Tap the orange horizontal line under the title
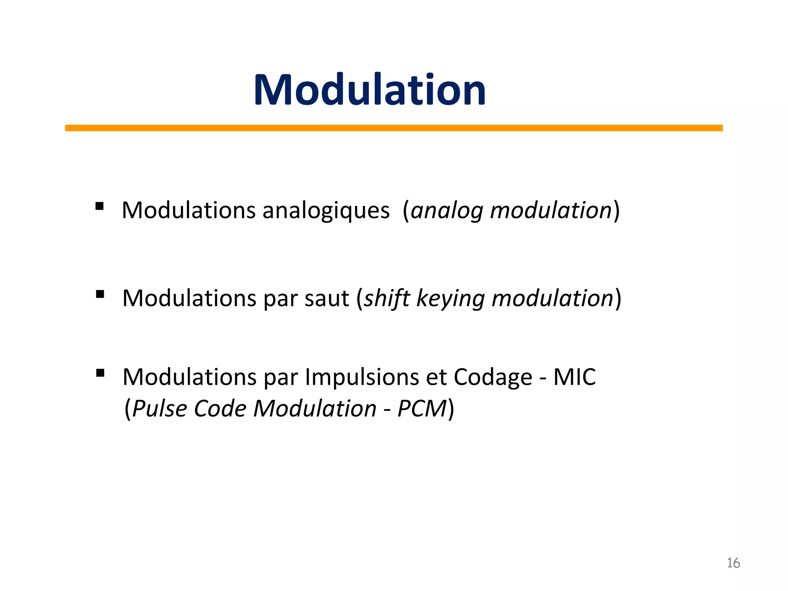394,128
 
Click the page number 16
733,563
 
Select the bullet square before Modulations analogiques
100,207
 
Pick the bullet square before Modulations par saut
100,294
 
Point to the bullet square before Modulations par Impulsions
100,373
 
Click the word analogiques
326,211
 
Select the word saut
327,299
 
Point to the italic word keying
450,299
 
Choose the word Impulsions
362,377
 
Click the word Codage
492,377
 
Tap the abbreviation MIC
574,377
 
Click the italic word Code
220,409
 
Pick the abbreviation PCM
422,409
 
